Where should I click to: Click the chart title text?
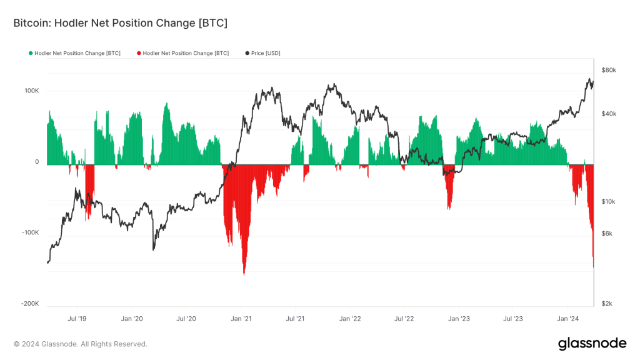tap(120, 23)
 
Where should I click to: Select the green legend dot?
tap(31, 54)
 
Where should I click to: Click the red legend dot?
tap(139, 54)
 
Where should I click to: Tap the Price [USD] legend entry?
tap(266, 54)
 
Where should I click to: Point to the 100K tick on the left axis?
tap(31, 91)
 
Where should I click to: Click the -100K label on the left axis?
tap(30, 232)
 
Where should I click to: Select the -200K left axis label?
tap(30, 304)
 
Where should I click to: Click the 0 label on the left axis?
tap(37, 162)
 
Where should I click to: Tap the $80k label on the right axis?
tap(609, 70)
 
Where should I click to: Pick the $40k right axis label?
tap(609, 114)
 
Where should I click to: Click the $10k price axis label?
tap(609, 202)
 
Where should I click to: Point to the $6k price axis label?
tap(607, 234)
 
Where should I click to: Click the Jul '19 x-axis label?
tap(77, 318)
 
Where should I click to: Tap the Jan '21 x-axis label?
tap(241, 318)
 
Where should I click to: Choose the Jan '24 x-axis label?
tap(567, 318)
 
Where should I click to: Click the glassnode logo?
tap(591, 343)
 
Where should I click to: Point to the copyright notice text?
tap(81, 344)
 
